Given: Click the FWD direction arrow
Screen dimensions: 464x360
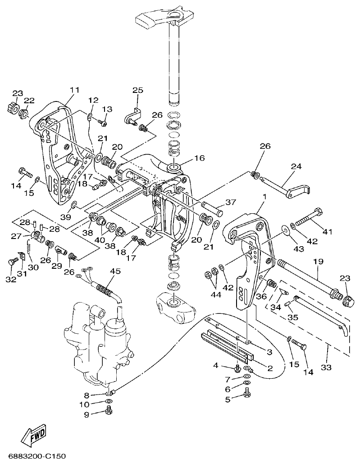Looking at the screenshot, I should coord(34,432).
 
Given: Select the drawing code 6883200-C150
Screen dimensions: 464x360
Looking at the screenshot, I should coord(34,456).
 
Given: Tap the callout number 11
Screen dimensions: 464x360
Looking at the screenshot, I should coord(74,90).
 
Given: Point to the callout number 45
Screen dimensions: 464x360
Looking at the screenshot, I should coord(115,271).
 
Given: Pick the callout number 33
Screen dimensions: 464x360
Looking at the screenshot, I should coord(326,368).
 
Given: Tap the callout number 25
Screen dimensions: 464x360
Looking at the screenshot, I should coord(137,91).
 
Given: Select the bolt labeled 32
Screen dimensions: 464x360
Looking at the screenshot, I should coord(13,262).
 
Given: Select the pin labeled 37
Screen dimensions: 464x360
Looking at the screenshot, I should coord(212,207).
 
